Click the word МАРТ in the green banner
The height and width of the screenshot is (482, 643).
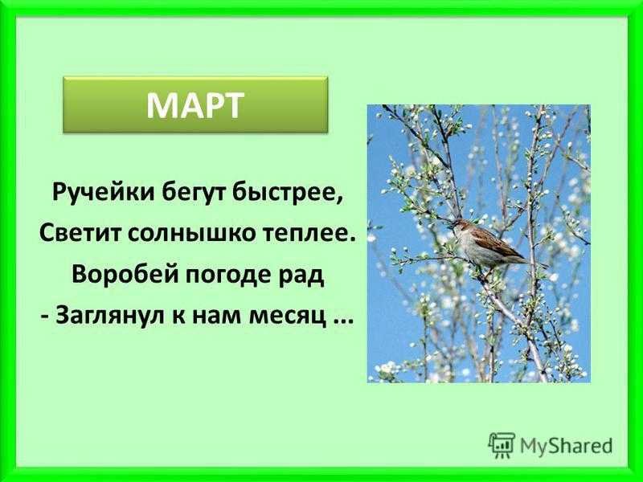[195, 104]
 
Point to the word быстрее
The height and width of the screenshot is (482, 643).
[287, 192]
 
